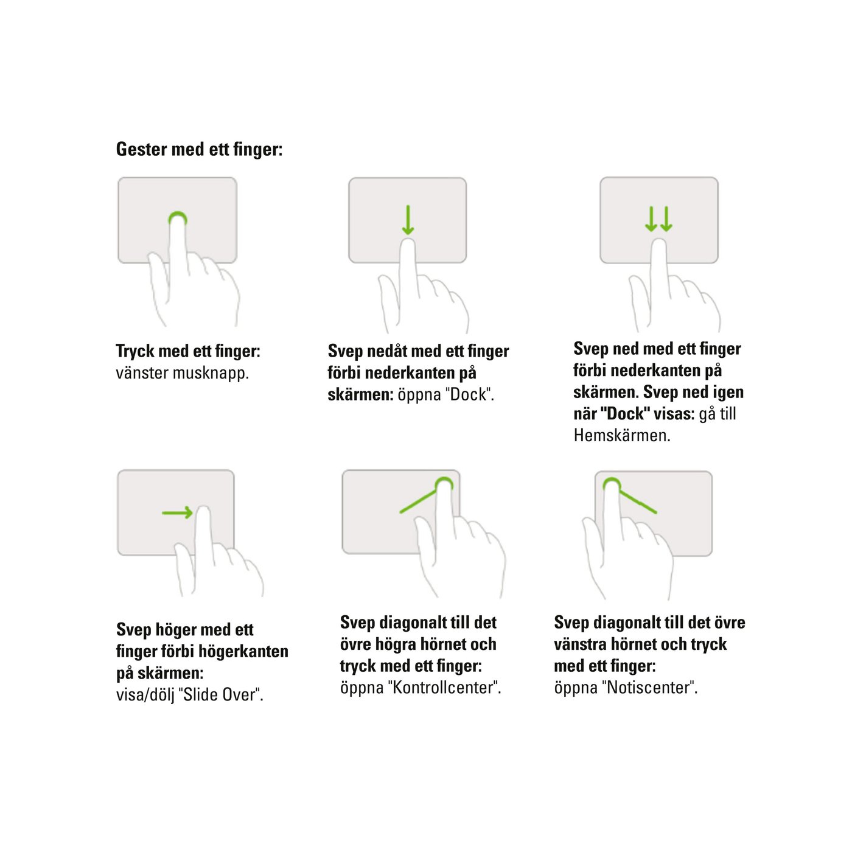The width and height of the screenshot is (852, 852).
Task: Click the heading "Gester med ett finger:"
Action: (199, 149)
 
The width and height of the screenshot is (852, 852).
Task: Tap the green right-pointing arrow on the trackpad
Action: (177, 513)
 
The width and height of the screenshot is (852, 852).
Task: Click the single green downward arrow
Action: (408, 220)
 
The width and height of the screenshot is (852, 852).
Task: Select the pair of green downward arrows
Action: (658, 219)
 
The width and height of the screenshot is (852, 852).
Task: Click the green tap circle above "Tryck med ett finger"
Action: (177, 218)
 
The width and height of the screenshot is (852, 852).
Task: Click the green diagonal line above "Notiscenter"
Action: (638, 502)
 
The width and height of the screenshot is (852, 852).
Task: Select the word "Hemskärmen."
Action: (621, 436)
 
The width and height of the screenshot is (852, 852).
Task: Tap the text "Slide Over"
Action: (220, 695)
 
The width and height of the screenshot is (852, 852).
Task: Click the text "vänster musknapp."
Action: (182, 373)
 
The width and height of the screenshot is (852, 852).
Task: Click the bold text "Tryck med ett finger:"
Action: (187, 351)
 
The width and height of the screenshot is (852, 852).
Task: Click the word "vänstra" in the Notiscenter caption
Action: (580, 644)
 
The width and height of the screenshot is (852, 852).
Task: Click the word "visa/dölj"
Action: (145, 695)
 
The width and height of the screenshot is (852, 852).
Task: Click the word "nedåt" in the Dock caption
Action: (388, 351)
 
